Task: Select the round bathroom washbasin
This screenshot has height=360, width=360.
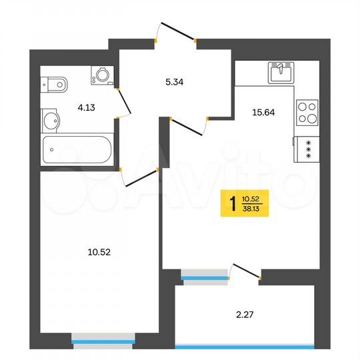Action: pyautogui.click(x=51, y=121)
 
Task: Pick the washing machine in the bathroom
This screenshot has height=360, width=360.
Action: pyautogui.click(x=102, y=75)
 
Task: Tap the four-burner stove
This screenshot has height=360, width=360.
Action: pyautogui.click(x=307, y=112)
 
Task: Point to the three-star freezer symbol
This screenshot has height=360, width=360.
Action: pyautogui.click(x=307, y=147)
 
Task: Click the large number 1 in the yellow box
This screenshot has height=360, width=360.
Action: pyautogui.click(x=231, y=202)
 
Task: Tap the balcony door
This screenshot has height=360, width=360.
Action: pyautogui.click(x=245, y=270)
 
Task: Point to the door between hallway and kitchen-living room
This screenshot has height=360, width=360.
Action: pyautogui.click(x=189, y=126)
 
